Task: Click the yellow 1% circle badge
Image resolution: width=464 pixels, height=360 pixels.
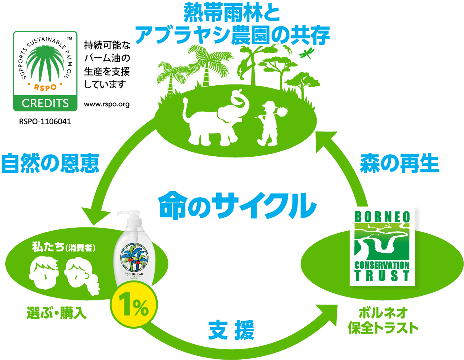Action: [134, 308]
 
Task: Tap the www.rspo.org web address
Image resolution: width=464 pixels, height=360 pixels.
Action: [107, 104]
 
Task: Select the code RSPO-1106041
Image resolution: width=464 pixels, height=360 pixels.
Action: [45, 122]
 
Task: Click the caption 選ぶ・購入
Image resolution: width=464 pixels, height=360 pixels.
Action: [57, 313]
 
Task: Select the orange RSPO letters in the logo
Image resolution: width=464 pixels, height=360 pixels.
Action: [45, 87]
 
